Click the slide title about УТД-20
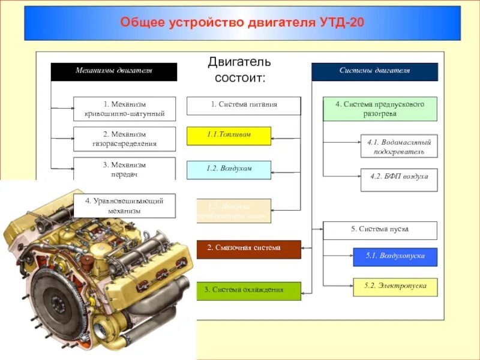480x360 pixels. [242, 23]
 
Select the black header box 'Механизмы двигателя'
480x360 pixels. [113, 71]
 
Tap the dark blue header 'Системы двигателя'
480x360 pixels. [374, 71]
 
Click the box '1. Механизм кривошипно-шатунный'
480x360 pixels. [125, 109]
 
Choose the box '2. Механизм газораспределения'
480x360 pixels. [125, 139]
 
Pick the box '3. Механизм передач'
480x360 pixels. [125, 169]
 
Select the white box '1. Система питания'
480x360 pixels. [243, 105]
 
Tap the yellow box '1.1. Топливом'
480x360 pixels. [229, 136]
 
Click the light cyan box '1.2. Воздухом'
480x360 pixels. [229, 170]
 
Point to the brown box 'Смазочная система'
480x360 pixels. [248, 248]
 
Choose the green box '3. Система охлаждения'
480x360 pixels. [248, 290]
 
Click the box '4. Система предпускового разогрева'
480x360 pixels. [380, 109]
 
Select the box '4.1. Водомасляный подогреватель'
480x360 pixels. [399, 146]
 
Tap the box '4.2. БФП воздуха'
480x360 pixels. [399, 179]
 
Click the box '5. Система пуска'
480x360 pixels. [380, 230]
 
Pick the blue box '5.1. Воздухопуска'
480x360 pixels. [395, 257]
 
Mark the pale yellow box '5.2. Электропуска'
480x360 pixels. [395, 287]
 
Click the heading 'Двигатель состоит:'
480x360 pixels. [239, 69]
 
